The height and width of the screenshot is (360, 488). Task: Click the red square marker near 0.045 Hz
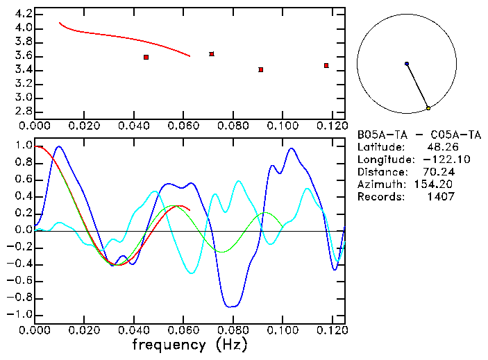[x=146, y=57]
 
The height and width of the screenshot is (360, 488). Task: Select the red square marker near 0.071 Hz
[x=212, y=53]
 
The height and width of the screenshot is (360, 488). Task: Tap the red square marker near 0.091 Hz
[x=260, y=69]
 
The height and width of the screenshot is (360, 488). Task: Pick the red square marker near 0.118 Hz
[x=326, y=65]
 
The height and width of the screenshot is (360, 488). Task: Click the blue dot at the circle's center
[x=407, y=64]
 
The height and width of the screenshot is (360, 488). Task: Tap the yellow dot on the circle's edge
[x=428, y=108]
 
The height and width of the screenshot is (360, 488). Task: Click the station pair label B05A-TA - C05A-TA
[x=419, y=135]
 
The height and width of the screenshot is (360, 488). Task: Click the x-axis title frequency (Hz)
[x=189, y=345]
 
